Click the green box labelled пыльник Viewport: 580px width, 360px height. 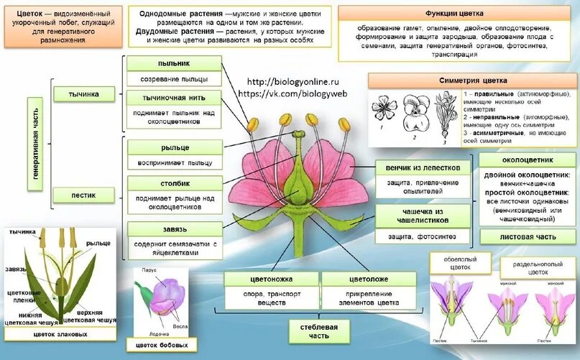170,63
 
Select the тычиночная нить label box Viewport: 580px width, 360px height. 170,97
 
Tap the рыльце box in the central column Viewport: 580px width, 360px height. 170,147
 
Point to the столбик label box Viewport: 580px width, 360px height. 170,183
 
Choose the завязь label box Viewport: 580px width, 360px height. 170,229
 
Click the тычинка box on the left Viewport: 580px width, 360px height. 84,94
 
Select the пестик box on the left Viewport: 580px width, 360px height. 84,194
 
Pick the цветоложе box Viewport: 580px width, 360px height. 369,279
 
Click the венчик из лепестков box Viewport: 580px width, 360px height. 423,167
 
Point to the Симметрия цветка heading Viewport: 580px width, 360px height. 474,80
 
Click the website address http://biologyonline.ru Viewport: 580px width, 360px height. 293,83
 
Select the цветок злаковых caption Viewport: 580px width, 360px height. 60,334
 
